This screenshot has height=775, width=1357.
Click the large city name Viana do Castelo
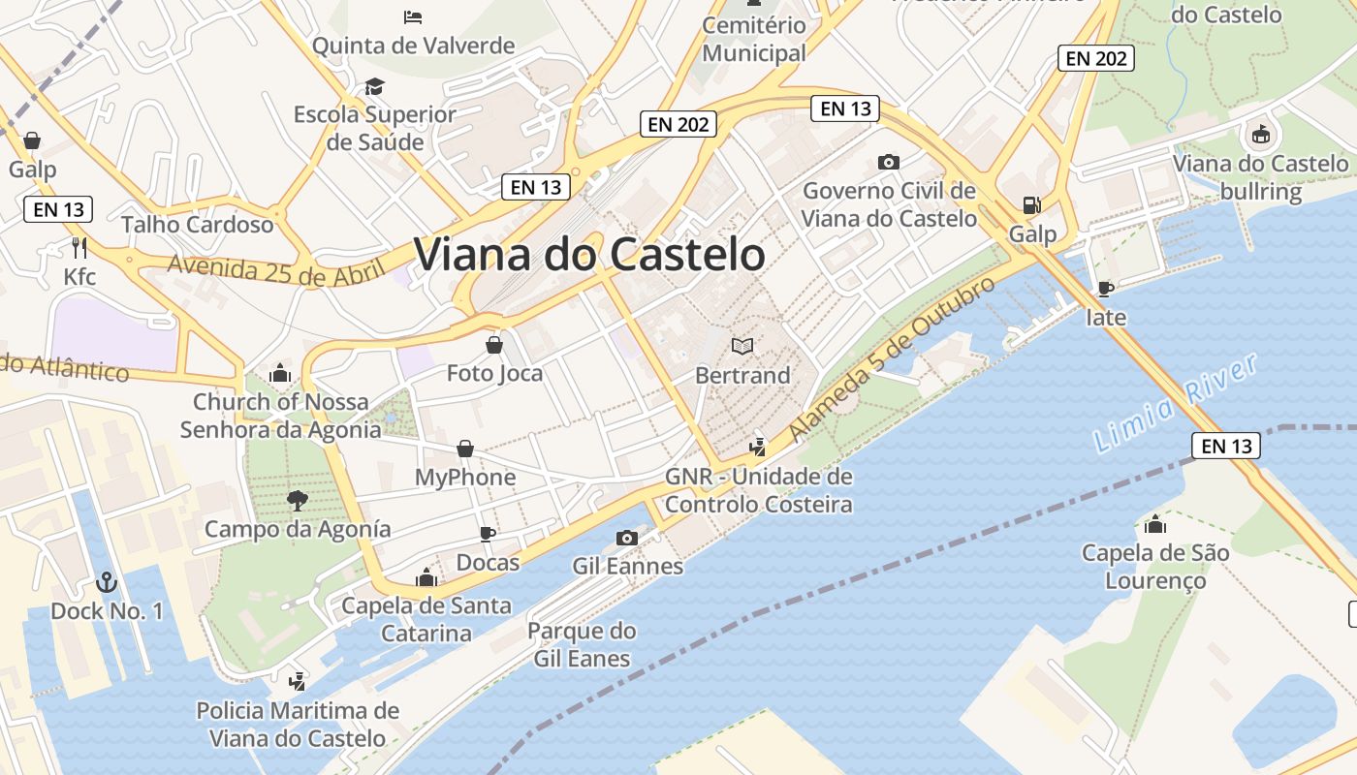pyautogui.click(x=589, y=255)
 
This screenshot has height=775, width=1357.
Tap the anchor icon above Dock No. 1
pyautogui.click(x=107, y=582)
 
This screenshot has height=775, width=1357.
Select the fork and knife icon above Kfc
pyautogui.click(x=79, y=248)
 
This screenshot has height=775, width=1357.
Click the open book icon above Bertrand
pyautogui.click(x=742, y=346)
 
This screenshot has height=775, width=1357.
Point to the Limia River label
pyautogui.click(x=1176, y=404)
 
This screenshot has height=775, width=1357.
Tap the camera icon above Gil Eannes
pyautogui.click(x=627, y=538)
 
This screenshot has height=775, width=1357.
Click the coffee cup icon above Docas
pyautogui.click(x=488, y=534)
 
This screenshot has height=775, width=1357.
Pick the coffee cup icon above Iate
pyautogui.click(x=1105, y=289)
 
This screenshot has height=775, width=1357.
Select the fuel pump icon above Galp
pyautogui.click(x=1031, y=205)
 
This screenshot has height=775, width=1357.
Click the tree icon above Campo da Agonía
pyautogui.click(x=297, y=500)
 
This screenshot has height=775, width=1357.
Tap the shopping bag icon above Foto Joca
pyautogui.click(x=494, y=345)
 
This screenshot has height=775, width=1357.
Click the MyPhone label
pyautogui.click(x=465, y=478)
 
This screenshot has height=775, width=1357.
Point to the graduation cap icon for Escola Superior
pyautogui.click(x=374, y=87)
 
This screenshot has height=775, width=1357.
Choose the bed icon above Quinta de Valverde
pyautogui.click(x=413, y=17)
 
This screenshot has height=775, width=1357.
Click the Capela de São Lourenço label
pyautogui.click(x=1155, y=567)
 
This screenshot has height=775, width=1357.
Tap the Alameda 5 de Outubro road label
pyautogui.click(x=893, y=359)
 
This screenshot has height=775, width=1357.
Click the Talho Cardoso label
pyautogui.click(x=198, y=225)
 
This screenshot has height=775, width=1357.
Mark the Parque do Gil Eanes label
pyautogui.click(x=582, y=645)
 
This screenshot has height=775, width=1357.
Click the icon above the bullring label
pyautogui.click(x=1260, y=135)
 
